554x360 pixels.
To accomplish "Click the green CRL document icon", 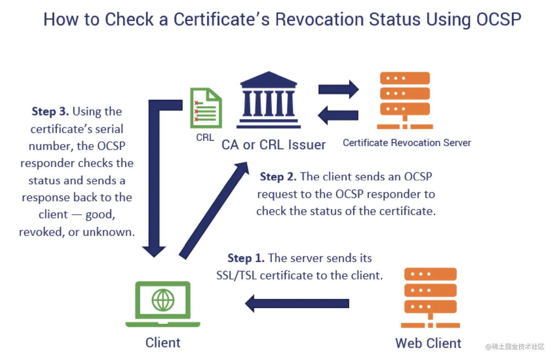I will click(x=206, y=108).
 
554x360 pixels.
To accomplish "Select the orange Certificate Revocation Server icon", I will click(x=405, y=100).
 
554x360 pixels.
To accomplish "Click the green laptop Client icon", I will click(x=163, y=304).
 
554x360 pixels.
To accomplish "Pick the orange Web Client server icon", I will click(x=430, y=297).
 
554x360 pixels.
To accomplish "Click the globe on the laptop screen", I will click(x=163, y=300).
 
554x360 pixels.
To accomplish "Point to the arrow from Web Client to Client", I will click(x=297, y=303).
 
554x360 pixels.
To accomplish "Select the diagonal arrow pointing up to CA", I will click(x=214, y=210).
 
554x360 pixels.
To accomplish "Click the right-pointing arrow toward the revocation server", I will click(x=338, y=89).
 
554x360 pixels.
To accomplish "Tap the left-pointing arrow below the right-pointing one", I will click(x=338, y=115).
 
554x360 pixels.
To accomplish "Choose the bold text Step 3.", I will click(x=50, y=111).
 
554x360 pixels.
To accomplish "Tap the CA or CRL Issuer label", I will click(x=273, y=145).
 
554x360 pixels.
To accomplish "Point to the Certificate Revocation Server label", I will click(x=407, y=143).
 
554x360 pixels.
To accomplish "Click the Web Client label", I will click(x=428, y=344).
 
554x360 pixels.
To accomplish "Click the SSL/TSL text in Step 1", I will click(x=236, y=275).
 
